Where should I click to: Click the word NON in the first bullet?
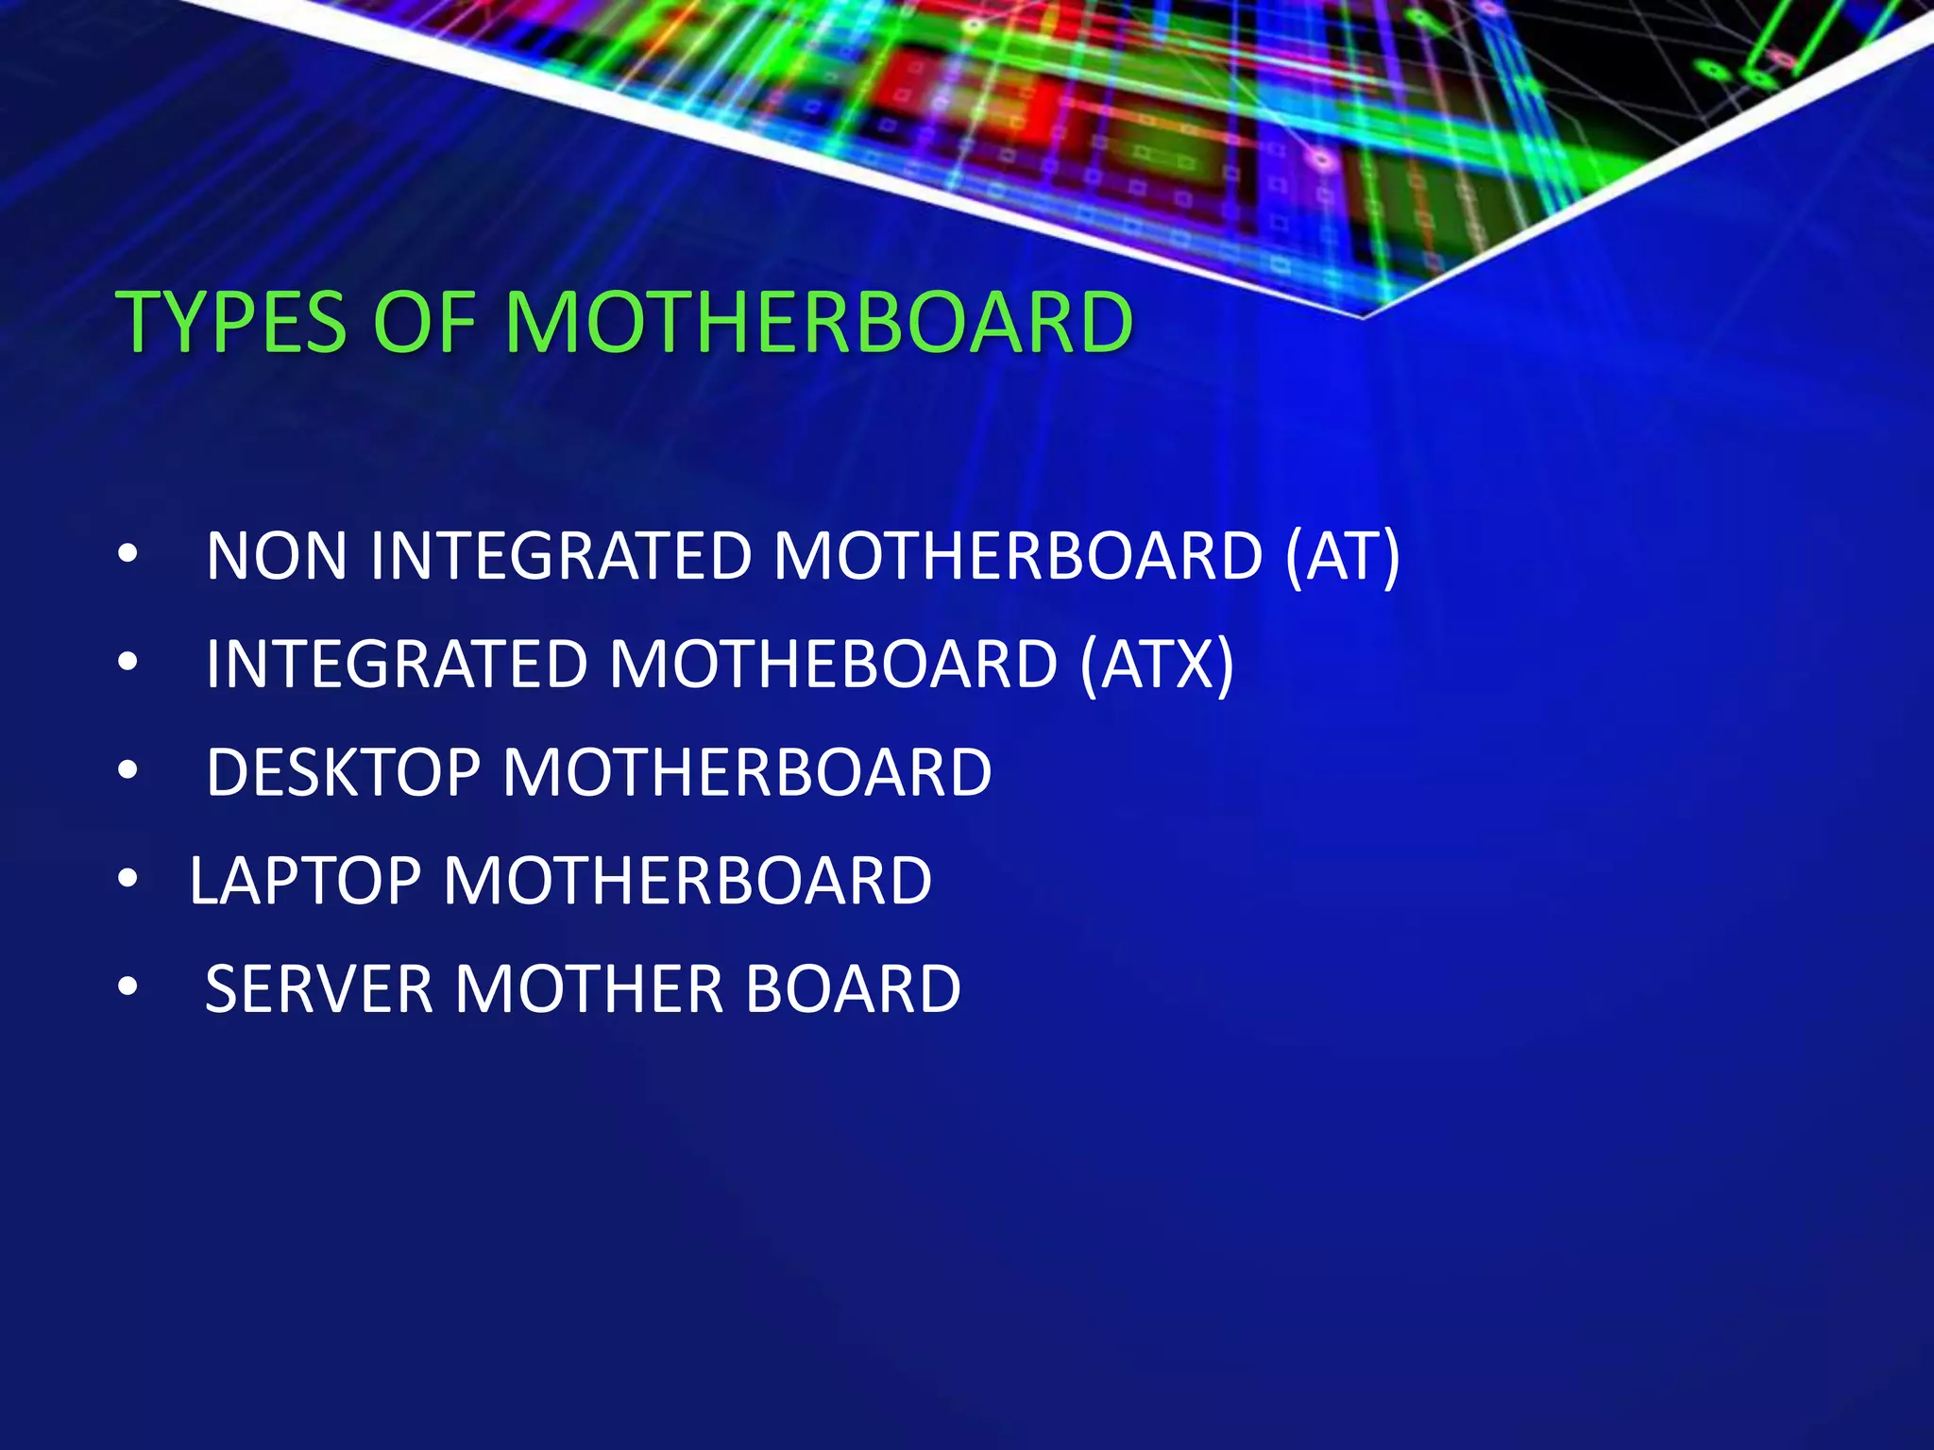277,556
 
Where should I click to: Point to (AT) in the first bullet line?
1342,556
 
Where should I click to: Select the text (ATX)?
1157,665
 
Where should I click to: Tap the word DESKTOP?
343,773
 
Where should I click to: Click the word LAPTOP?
305,881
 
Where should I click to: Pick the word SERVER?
318,989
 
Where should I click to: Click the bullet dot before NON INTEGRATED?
128,554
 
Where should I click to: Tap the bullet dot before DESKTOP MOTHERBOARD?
128,771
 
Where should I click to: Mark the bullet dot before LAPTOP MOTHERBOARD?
128,880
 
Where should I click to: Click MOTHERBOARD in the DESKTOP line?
747,773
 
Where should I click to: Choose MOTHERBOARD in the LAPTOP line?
687,881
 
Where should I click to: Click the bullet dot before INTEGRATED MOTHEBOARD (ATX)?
128,663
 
